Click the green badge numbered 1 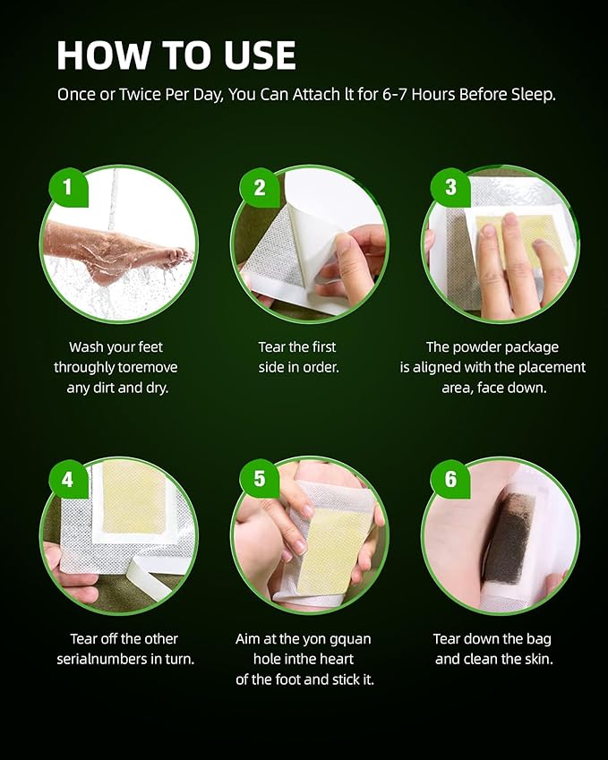tap(68, 188)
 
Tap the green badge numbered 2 tap(260, 188)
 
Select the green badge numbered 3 tap(450, 188)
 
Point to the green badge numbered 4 tap(68, 479)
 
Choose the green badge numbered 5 tap(260, 479)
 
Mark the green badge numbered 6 tap(450, 479)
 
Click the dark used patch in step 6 tap(508, 542)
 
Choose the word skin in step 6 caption tap(534, 659)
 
